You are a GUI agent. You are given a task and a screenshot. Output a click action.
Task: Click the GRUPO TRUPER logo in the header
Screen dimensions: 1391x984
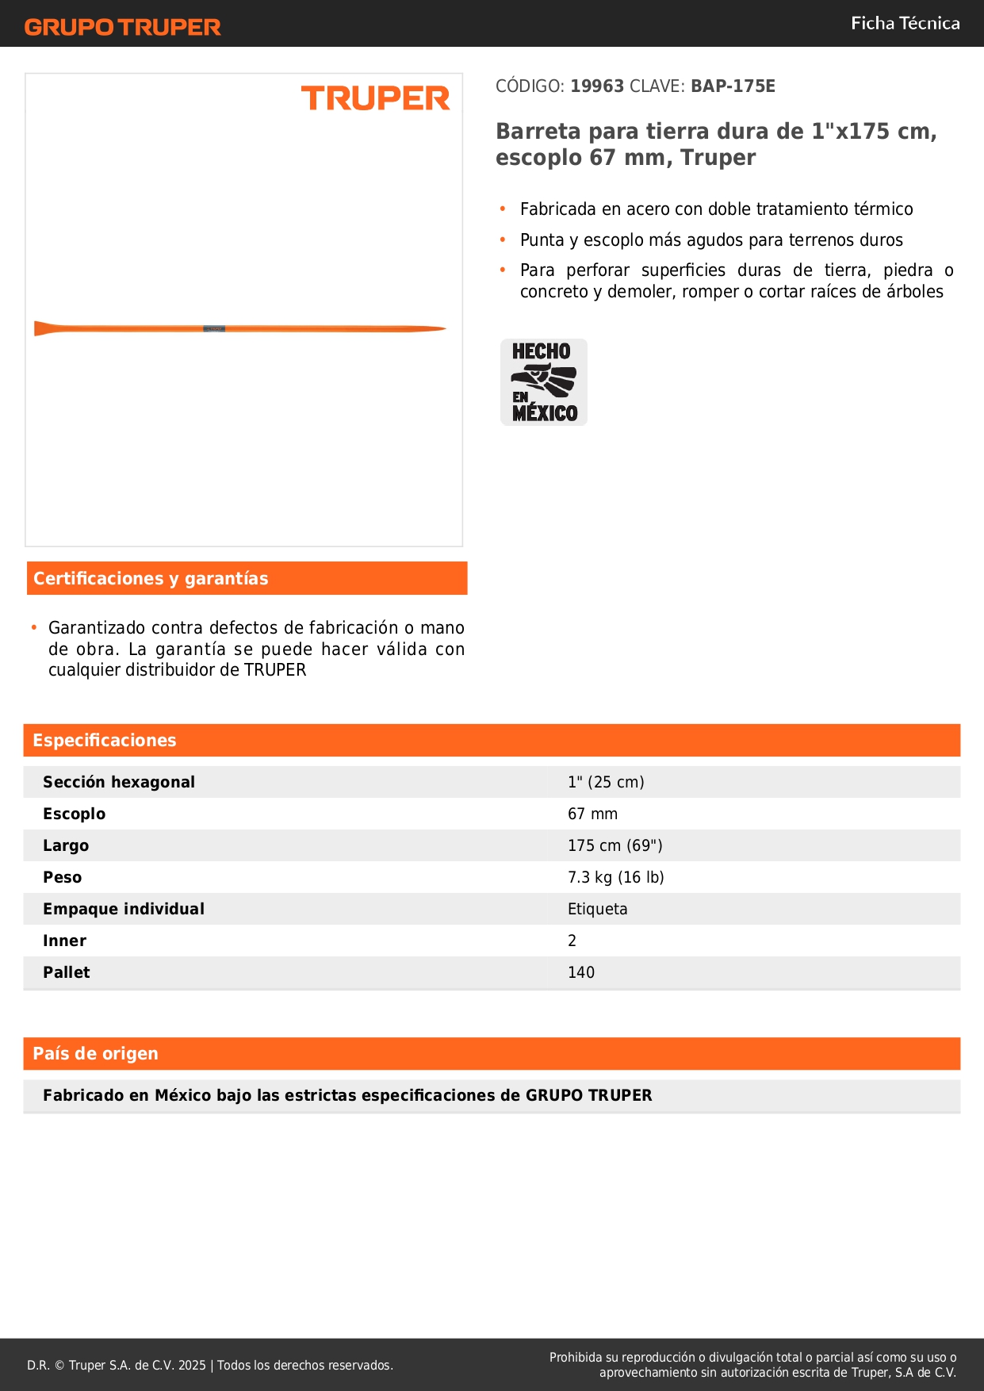[x=122, y=27]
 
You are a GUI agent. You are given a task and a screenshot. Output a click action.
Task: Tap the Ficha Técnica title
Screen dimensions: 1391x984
[x=905, y=24]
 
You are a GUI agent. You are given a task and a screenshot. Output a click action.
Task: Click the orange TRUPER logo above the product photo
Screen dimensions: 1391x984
[x=375, y=98]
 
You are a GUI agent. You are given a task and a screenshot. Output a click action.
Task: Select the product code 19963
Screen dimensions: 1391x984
[x=597, y=86]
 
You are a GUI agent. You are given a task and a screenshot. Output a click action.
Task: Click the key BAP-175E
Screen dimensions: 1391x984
[x=733, y=86]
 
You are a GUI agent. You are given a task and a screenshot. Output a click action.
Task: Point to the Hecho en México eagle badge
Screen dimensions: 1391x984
[x=544, y=382]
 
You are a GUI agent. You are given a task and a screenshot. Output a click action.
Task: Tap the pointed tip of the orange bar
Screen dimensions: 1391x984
[x=441, y=329]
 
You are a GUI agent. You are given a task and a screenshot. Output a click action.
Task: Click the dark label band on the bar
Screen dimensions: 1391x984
[x=214, y=328]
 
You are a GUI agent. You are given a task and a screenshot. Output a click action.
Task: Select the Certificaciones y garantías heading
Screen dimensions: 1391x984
[x=151, y=579]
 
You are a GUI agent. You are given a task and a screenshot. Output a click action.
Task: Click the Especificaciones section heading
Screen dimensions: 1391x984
[x=105, y=741]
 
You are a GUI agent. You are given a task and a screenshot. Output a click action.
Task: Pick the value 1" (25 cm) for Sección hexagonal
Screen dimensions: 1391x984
[x=606, y=783]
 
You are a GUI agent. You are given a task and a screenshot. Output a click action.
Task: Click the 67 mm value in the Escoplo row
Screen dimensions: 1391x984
[x=592, y=814]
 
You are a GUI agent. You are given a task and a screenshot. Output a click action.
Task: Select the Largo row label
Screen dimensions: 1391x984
[x=66, y=846]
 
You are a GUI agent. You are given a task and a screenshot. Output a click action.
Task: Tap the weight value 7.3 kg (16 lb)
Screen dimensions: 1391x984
[x=615, y=878]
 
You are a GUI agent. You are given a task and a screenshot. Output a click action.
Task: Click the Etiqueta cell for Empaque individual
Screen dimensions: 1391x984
[x=597, y=910]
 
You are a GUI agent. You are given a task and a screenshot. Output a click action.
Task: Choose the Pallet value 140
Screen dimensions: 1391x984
[x=581, y=973]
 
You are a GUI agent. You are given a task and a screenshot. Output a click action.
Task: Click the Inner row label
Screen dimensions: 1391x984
[x=64, y=941]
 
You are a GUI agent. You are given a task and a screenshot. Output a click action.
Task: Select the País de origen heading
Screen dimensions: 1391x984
[x=95, y=1054]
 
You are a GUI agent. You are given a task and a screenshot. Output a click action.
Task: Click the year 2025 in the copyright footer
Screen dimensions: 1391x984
[x=192, y=1366]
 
